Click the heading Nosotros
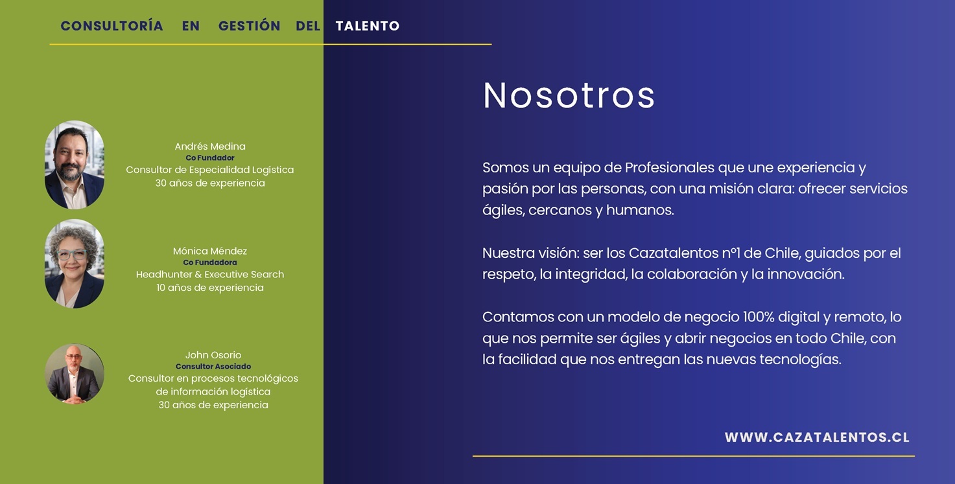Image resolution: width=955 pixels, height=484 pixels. [x=569, y=95]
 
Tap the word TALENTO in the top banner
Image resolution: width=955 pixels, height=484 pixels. [x=368, y=26]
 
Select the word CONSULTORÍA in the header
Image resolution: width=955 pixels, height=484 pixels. [x=112, y=25]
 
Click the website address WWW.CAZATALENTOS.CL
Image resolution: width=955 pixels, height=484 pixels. [x=817, y=437]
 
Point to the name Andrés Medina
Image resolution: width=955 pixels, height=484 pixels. [x=210, y=146]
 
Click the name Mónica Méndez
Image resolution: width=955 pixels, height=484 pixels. [x=210, y=251]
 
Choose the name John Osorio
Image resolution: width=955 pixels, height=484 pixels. [x=213, y=355]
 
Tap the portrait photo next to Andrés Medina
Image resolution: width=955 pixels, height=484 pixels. [x=75, y=165]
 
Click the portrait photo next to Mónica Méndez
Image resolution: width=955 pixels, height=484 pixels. [x=75, y=264]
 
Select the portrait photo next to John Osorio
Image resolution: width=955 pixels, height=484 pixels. [x=75, y=374]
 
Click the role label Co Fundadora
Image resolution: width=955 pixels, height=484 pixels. [x=210, y=262]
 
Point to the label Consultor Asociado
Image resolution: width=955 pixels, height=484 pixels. [x=213, y=367]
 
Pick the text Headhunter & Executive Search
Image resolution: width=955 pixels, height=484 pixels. [x=210, y=274]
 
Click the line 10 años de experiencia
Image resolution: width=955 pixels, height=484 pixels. [x=210, y=288]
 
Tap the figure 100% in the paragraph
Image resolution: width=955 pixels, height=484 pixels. [x=759, y=317]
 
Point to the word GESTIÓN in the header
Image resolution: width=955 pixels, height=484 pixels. [x=250, y=25]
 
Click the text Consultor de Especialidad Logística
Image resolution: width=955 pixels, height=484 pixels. [x=210, y=170]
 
